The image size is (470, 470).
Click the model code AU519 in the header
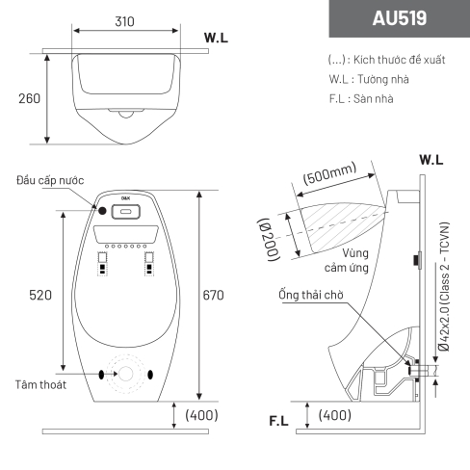pos(400,18)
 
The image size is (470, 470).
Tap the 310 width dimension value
pos(124,21)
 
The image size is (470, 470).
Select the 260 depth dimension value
pos(29,98)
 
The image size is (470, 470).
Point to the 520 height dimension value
pos(40,295)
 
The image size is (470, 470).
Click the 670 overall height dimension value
pos(213,295)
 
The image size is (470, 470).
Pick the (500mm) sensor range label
pos(330,173)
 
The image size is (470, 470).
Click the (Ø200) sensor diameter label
pos(268,240)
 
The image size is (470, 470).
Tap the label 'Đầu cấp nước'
pos(50,180)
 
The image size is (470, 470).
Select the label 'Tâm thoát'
pos(40,384)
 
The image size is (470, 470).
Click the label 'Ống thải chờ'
pos(311,295)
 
